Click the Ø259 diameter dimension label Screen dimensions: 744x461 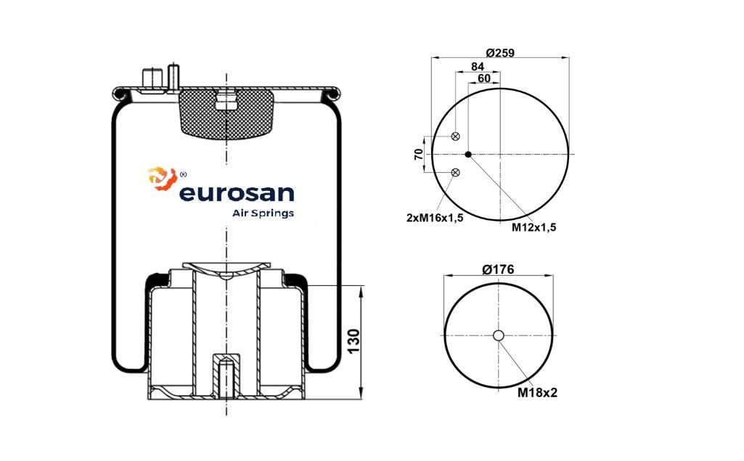tap(500, 53)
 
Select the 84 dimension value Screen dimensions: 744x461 tap(478, 67)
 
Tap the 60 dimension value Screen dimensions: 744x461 tap(484, 78)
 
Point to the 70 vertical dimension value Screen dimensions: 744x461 tap(418, 154)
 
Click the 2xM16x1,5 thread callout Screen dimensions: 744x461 tap(435, 218)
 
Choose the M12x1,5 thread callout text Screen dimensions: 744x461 tap(534, 227)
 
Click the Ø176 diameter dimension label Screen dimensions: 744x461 tap(498, 269)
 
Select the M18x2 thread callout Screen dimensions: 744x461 tap(537, 393)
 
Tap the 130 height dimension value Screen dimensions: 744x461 tap(354, 341)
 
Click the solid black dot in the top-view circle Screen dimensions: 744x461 tap(468, 155)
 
